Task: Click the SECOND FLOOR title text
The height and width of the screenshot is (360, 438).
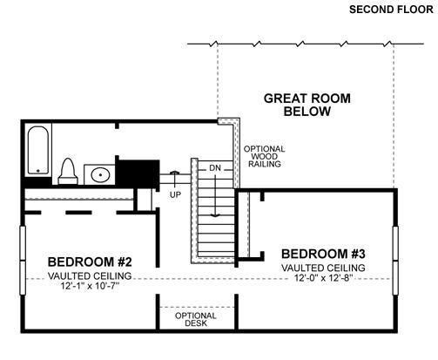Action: click(391, 10)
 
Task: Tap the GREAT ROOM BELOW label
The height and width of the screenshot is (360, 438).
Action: click(307, 105)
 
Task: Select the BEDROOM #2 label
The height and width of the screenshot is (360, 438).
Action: click(90, 262)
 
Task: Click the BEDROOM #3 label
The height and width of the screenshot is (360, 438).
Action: click(323, 254)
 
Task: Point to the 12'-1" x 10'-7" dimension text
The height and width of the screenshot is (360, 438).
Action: click(90, 286)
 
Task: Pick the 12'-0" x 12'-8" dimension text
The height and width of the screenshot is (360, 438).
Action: click(323, 278)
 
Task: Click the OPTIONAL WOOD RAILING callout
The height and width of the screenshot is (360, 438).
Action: click(265, 156)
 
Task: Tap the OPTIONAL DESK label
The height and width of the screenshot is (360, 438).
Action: click(196, 319)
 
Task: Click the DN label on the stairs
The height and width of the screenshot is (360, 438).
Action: click(215, 168)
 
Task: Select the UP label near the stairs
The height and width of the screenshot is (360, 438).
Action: click(175, 194)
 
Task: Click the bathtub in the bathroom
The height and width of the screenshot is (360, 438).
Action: click(38, 150)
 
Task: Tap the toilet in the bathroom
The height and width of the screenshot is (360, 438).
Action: click(68, 171)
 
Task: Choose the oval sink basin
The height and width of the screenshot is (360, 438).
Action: click(100, 175)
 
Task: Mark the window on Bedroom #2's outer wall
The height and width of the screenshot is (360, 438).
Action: click(23, 261)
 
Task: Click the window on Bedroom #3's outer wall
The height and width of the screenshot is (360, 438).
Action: click(395, 261)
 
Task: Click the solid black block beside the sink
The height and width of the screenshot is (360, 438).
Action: click(138, 173)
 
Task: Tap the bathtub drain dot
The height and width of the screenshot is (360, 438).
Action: click(38, 171)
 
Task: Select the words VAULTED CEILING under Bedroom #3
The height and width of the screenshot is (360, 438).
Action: click(323, 268)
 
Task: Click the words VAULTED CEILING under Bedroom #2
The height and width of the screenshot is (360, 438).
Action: click(90, 275)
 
